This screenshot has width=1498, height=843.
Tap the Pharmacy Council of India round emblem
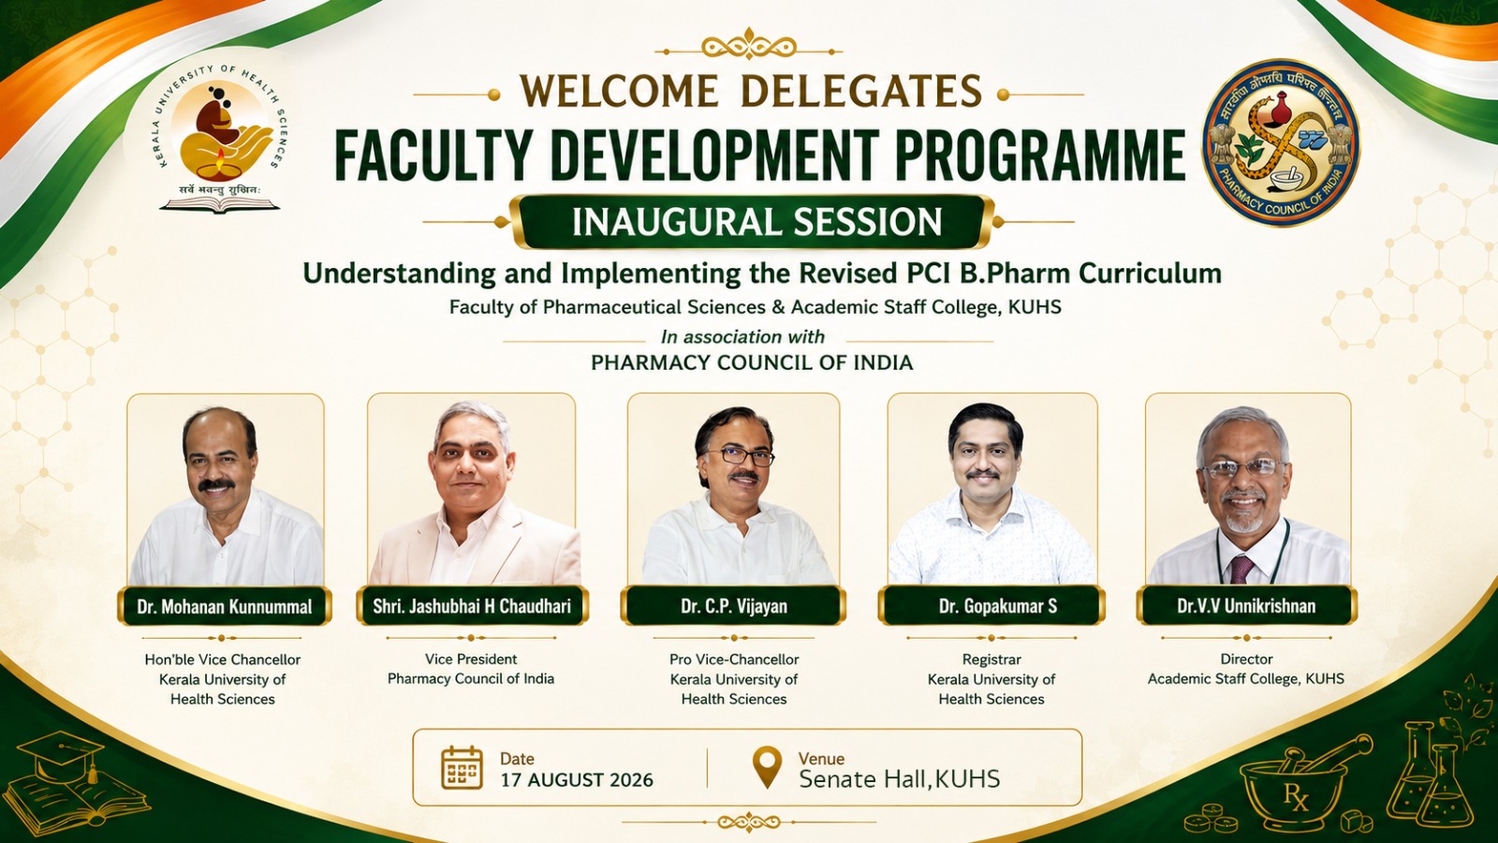(1281, 142)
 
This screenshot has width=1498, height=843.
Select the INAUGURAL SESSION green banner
(756, 222)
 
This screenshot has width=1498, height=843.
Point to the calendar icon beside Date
(462, 767)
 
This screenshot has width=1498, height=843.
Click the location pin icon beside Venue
(767, 767)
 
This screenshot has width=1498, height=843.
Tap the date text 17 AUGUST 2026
(577, 780)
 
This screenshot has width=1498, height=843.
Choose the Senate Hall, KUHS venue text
(900, 779)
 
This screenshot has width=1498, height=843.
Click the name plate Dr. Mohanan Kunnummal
(225, 606)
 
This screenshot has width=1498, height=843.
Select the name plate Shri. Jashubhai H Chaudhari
(472, 606)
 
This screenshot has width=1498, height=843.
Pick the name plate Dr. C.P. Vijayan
(734, 606)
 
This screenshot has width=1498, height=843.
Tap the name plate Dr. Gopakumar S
(991, 606)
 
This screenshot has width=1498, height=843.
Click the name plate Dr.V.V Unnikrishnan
(1246, 606)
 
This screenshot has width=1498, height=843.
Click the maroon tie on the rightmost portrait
(1241, 569)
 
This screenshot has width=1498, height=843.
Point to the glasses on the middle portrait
(740, 457)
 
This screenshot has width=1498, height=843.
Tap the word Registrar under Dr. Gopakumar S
(991, 659)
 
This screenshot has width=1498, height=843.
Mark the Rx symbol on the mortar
(1296, 797)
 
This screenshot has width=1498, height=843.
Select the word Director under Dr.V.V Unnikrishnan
(1246, 659)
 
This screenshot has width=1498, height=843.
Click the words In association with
(742, 336)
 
